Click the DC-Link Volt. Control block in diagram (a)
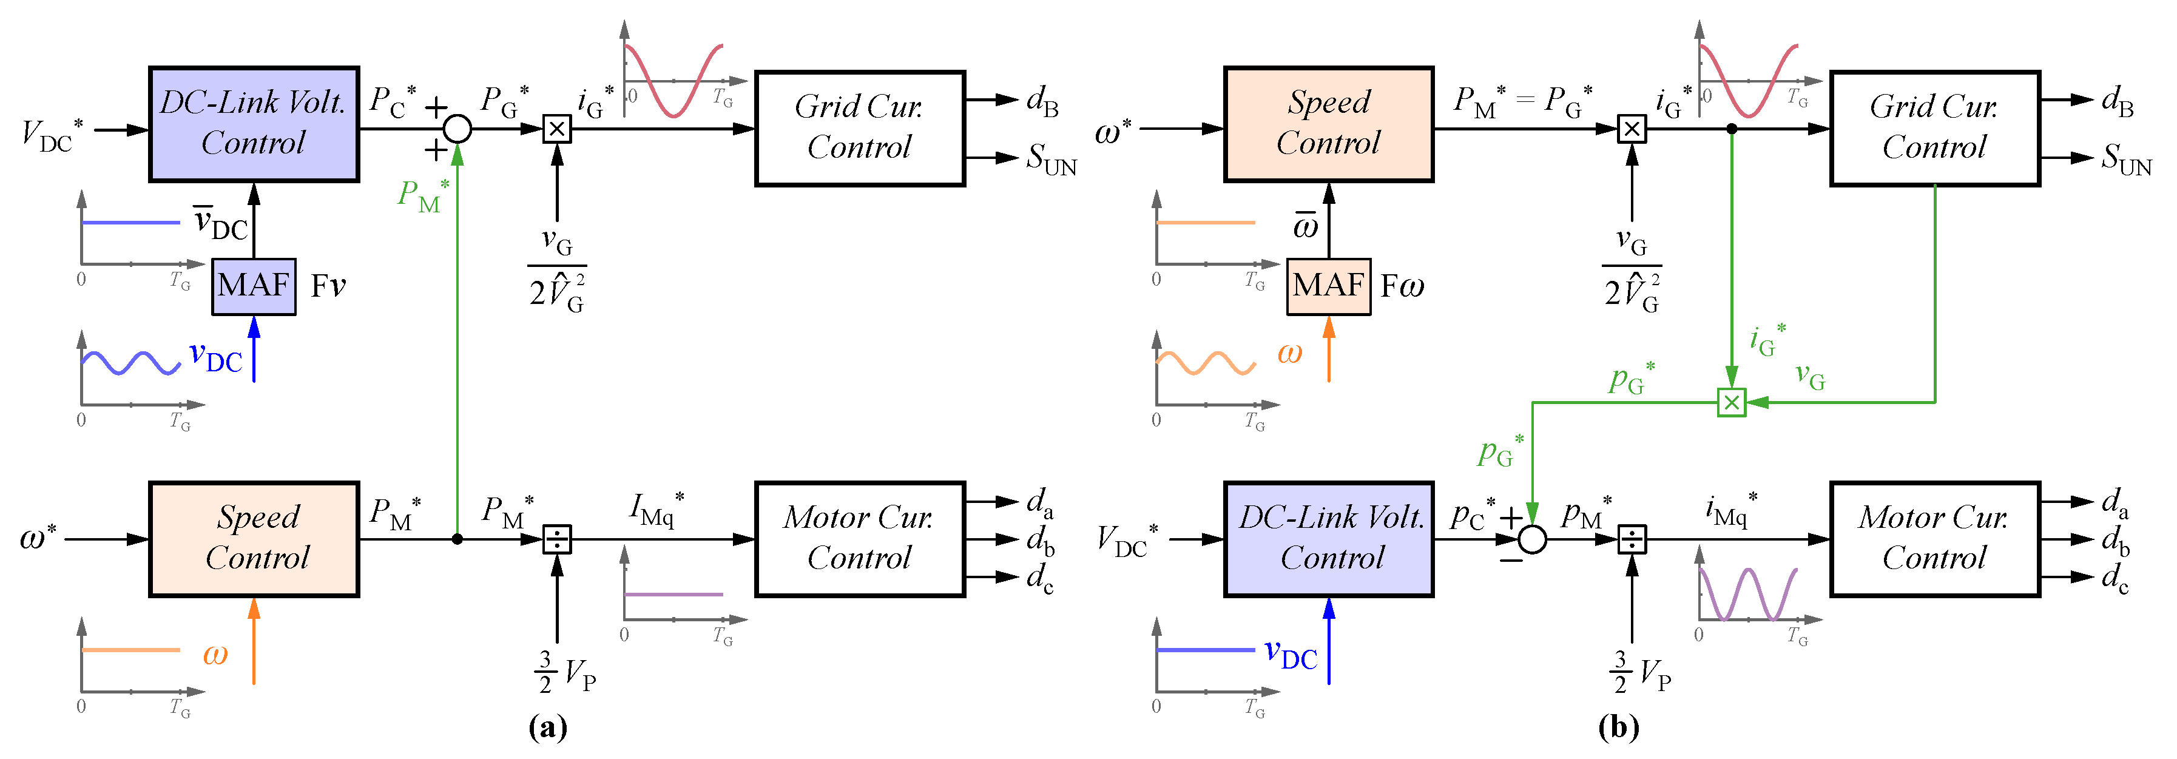pos(254,124)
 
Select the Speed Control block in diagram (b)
pos(1329,124)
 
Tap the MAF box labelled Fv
pos(254,286)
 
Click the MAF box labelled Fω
pos(1329,286)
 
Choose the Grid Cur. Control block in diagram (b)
pos(1934,129)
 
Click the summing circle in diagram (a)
pos(457,129)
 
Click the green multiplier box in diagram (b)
pos(1732,402)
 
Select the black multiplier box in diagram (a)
pos(557,129)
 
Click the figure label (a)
pos(548,727)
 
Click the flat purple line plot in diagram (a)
pos(673,594)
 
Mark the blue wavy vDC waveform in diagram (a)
pos(131,363)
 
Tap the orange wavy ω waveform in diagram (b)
pos(1206,363)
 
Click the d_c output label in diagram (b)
pos(2115,578)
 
